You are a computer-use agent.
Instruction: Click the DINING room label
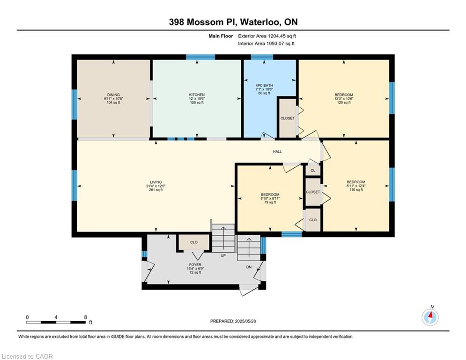coord(113,95)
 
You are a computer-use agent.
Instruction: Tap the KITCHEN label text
coord(197,95)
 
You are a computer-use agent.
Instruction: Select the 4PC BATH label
coord(264,85)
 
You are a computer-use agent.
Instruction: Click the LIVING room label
coord(156,182)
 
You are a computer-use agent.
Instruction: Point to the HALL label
coord(277,151)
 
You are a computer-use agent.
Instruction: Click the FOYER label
coord(195,265)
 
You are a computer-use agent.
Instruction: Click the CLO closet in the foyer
coord(194,242)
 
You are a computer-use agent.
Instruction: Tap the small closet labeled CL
coord(313,171)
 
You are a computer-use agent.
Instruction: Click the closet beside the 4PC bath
coord(288,118)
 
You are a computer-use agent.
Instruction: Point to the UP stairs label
coord(223,255)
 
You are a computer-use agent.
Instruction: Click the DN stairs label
coord(249,267)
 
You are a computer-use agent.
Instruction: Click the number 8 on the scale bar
coord(85,317)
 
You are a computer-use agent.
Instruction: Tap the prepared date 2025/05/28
coord(245,321)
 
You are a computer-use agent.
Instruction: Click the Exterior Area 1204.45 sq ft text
coord(267,36)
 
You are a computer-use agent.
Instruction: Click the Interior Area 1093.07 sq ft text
coord(266,44)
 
